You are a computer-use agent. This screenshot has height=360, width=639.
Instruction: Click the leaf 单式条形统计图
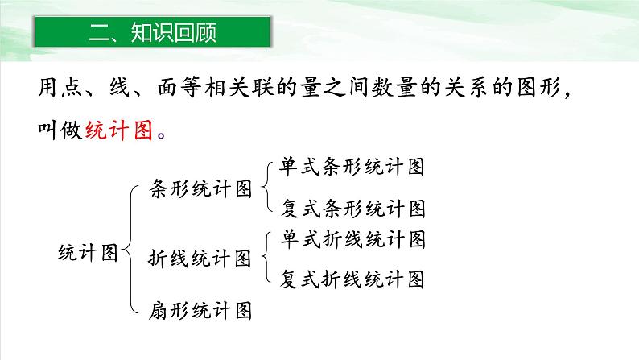click(352, 168)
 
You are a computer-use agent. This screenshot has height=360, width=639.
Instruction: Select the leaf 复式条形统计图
click(352, 209)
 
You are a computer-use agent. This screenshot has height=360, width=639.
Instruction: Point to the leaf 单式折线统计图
click(352, 239)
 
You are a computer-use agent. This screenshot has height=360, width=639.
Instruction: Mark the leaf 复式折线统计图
click(352, 279)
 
